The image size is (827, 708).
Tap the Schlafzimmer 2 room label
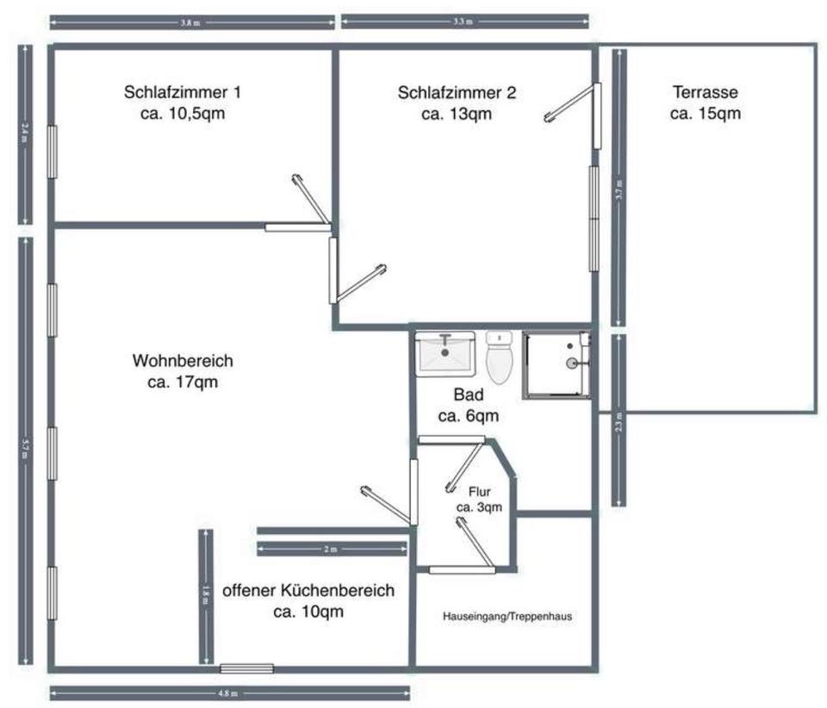coord(457,102)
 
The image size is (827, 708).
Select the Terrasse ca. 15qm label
coord(705,102)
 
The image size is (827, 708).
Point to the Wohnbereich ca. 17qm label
coord(183,371)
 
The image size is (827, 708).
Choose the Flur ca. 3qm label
coord(479,500)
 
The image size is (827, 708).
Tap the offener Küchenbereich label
coord(308,600)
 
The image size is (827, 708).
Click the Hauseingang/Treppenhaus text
coord(507,617)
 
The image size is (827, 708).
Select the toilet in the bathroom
coord(499,358)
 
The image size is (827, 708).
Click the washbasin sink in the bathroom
coord(445,353)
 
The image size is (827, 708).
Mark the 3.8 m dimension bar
coord(191,22)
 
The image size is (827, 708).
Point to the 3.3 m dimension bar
coord(465,22)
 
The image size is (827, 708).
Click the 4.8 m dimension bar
coord(229,692)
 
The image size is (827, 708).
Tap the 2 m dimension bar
coord(332,549)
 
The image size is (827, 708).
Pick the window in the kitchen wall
coord(246,668)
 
